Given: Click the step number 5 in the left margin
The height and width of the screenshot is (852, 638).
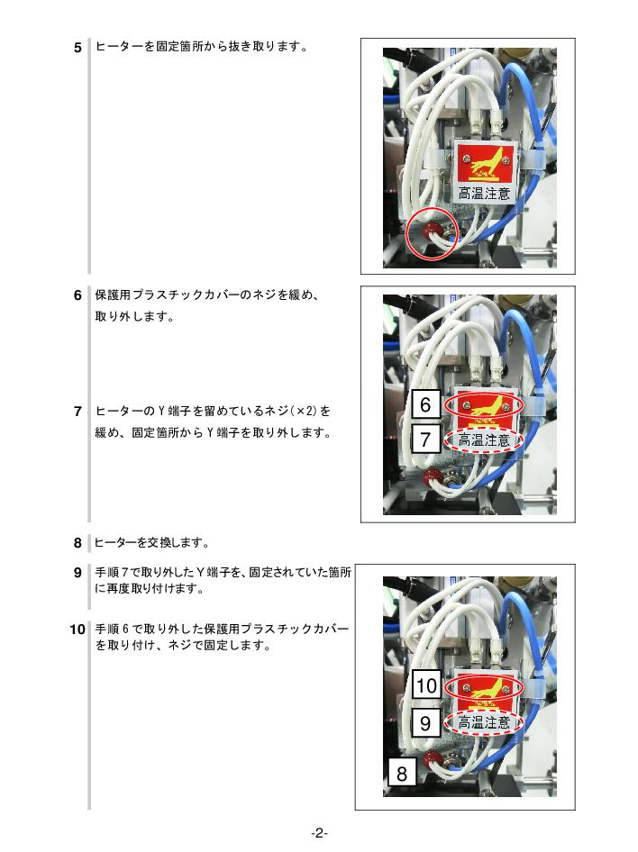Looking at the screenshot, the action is pyautogui.click(x=77, y=48).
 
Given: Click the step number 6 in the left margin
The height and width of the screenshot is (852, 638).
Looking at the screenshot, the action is pyautogui.click(x=77, y=295).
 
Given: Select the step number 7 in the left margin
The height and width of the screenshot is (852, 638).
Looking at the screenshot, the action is pyautogui.click(x=77, y=412).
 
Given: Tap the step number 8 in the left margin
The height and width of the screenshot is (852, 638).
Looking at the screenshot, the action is pyautogui.click(x=77, y=543).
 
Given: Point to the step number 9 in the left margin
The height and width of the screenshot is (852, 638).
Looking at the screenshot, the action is pyautogui.click(x=77, y=573).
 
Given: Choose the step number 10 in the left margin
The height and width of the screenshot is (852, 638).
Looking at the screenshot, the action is pyautogui.click(x=77, y=630).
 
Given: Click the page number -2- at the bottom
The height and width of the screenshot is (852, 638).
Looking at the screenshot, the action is pyautogui.click(x=319, y=833).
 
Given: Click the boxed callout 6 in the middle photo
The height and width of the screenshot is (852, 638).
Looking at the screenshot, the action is pyautogui.click(x=425, y=404).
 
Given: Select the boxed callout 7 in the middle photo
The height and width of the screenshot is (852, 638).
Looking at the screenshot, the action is pyautogui.click(x=425, y=439).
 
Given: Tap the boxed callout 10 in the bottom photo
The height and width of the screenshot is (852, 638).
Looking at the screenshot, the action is pyautogui.click(x=426, y=685).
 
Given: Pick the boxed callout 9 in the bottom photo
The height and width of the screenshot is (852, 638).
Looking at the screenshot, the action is pyautogui.click(x=425, y=722).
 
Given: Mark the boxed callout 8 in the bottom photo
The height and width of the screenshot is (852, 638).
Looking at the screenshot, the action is pyautogui.click(x=402, y=773).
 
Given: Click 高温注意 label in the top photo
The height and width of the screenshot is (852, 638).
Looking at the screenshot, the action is pyautogui.click(x=484, y=193).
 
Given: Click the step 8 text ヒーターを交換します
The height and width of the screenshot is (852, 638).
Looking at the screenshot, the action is pyautogui.click(x=151, y=543).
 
